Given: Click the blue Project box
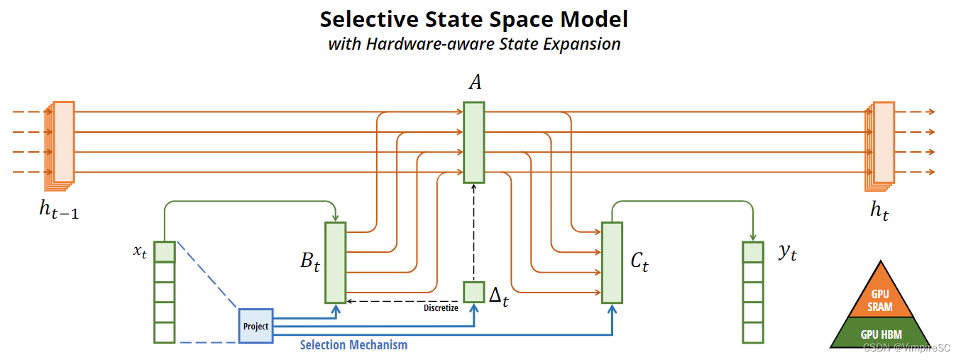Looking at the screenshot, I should [256, 326].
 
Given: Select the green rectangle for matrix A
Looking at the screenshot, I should [473, 142].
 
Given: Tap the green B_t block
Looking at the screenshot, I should [335, 263].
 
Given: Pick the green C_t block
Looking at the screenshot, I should [612, 263].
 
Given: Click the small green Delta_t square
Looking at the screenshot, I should [473, 292].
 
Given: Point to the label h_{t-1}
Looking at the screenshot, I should [58, 209].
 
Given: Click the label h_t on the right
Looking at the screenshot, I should [879, 209].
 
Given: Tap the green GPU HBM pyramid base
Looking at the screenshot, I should [881, 334].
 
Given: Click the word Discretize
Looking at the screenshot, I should [441, 307].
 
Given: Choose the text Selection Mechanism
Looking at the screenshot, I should [353, 345].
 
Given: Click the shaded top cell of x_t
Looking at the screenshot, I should [165, 251].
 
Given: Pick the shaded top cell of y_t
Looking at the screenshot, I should [752, 252].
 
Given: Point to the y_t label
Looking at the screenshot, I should [787, 253].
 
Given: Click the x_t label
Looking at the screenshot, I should [139, 253].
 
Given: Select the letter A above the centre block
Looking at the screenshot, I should [475, 83].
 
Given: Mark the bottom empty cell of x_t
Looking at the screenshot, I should [165, 332].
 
